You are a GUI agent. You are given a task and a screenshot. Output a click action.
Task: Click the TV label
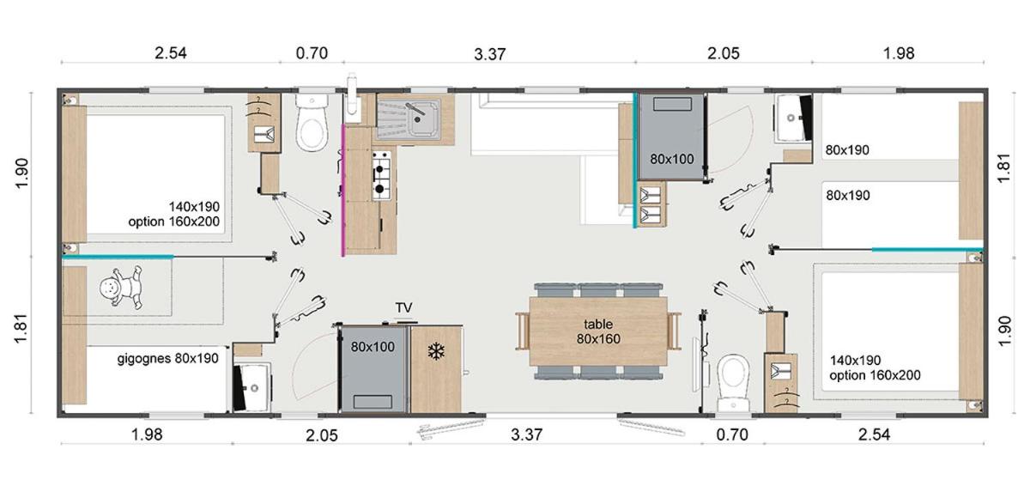[x=403, y=307]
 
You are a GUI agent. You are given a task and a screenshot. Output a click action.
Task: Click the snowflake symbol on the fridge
[x=436, y=352]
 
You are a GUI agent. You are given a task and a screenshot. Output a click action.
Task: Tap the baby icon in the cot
[x=121, y=287]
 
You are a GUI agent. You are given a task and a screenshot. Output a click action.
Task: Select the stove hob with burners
[x=382, y=175]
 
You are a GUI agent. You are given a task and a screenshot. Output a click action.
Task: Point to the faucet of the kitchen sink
[x=415, y=112]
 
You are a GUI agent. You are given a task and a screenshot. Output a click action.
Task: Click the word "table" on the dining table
[x=597, y=325]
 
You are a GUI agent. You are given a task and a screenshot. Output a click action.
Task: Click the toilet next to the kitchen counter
[x=312, y=123]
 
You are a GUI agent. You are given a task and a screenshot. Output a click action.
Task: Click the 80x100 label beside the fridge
[x=373, y=347]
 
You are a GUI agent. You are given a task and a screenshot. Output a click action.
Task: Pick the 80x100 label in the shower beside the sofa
[x=672, y=159]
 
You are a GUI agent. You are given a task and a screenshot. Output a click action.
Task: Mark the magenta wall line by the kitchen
[x=342, y=191]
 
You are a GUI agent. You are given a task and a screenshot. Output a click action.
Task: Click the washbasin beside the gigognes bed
[x=251, y=387]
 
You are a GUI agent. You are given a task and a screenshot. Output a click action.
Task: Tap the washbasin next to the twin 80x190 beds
[x=794, y=118]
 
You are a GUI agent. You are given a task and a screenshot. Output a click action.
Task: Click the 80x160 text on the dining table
[x=598, y=339]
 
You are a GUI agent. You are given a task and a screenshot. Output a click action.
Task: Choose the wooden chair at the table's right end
[x=674, y=331]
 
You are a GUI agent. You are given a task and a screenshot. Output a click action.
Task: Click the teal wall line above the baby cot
[x=118, y=257]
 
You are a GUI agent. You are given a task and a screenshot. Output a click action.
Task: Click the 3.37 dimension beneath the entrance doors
[x=526, y=434]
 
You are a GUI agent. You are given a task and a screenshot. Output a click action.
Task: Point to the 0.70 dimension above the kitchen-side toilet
[x=312, y=53]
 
